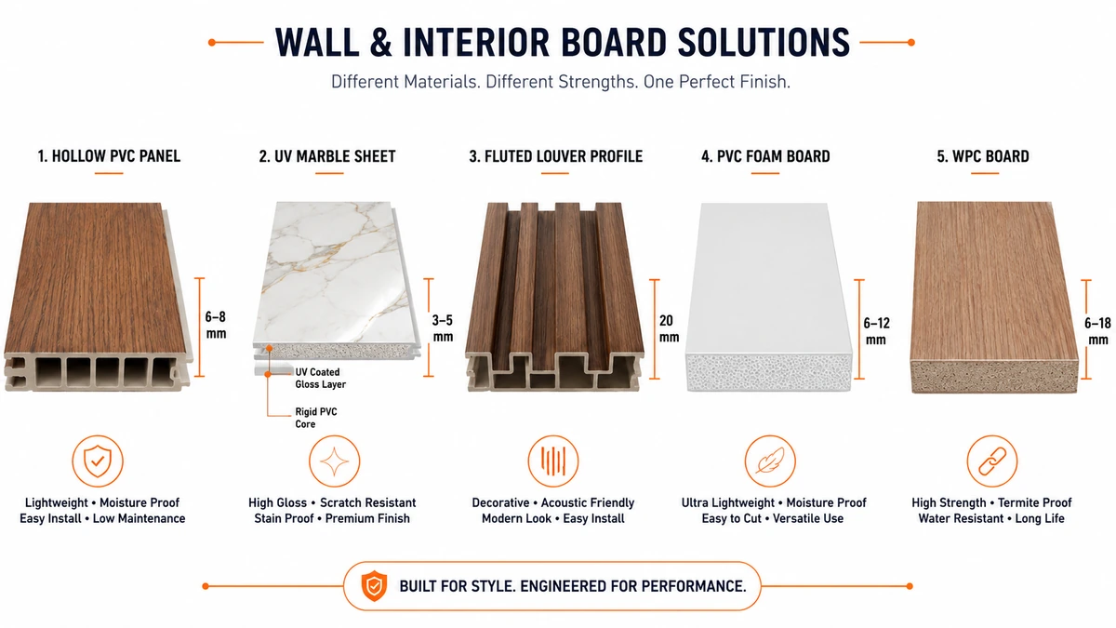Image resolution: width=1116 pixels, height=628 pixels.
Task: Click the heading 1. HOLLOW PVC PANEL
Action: [109, 156]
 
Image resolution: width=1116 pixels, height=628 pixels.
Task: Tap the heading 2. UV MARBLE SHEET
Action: [327, 156]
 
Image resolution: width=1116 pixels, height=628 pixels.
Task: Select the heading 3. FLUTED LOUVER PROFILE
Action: [555, 156]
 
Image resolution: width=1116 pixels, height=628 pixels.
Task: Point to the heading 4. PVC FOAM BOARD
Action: [765, 156]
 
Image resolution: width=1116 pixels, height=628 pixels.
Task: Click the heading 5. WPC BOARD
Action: [983, 156]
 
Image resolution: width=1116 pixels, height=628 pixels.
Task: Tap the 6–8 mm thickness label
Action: [216, 325]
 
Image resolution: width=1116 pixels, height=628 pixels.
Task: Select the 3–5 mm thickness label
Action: [443, 327]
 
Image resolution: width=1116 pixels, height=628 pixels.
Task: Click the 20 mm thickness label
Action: [669, 328]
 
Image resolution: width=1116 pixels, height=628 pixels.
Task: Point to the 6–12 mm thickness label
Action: [876, 331]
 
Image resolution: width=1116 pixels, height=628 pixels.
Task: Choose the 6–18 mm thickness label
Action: [1097, 331]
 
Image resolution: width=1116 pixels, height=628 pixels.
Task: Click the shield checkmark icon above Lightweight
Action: [98, 461]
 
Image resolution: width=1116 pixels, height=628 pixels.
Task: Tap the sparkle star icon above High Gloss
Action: [334, 461]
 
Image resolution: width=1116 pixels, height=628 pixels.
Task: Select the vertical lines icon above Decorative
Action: [553, 461]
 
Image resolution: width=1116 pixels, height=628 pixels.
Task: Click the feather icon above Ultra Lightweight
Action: [770, 461]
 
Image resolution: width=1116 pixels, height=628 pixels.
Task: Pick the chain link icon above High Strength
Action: [992, 461]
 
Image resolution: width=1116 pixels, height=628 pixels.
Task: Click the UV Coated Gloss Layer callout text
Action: [320, 379]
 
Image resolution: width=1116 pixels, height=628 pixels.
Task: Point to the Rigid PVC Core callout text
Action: [316, 418]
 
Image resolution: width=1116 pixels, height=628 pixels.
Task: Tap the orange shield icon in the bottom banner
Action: [374, 585]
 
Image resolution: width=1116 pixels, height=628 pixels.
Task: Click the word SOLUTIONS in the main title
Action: [764, 43]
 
